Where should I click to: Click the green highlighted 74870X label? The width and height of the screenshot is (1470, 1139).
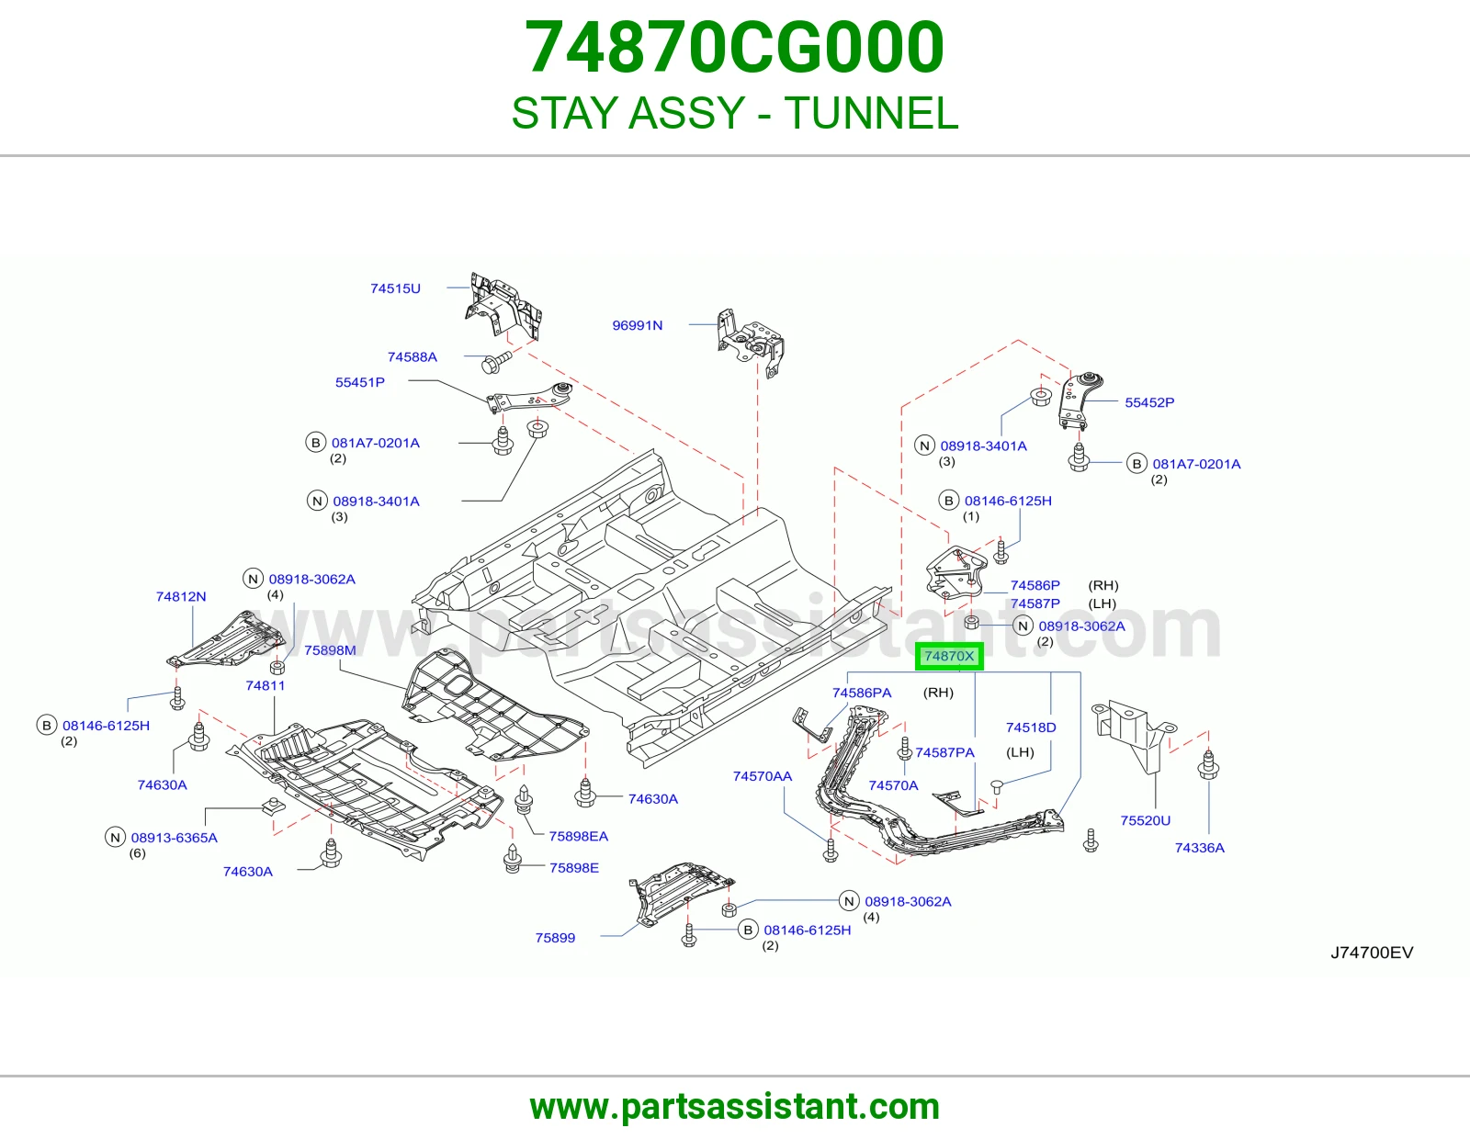click(949, 656)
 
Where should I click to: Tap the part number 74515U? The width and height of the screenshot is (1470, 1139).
click(395, 288)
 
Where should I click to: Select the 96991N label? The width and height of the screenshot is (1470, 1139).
click(638, 325)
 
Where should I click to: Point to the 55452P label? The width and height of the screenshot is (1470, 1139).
click(1149, 402)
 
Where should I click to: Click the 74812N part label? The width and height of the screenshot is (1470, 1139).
click(181, 596)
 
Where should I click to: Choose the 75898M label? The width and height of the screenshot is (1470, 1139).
click(330, 650)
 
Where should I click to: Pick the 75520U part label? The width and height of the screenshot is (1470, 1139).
click(1146, 820)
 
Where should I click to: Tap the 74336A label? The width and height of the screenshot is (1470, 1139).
click(1199, 848)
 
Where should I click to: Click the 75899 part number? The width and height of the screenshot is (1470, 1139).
click(555, 938)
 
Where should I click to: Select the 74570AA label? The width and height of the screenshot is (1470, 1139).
click(763, 776)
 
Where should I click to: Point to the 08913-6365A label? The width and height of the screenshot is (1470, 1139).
click(174, 838)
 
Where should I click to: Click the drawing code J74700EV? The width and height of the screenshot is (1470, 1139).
click(1372, 953)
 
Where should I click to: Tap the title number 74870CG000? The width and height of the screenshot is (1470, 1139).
click(735, 47)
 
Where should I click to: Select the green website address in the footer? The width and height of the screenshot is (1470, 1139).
click(735, 1107)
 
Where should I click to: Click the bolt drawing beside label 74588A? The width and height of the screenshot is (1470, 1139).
click(496, 363)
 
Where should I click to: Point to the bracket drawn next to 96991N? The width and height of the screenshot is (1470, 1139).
click(751, 342)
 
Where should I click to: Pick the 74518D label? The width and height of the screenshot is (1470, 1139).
click(1030, 727)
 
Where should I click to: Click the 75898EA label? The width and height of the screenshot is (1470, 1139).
click(579, 836)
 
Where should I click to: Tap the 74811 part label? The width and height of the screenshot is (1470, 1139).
click(266, 685)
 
